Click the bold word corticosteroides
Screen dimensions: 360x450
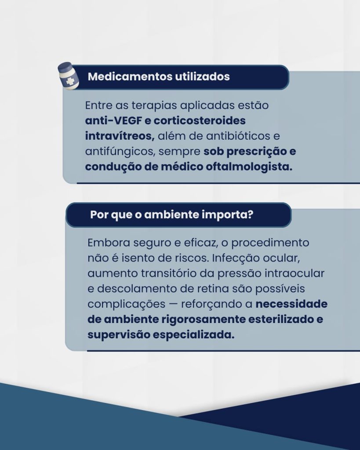coord(200,120)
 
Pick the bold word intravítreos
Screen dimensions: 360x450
coord(120,136)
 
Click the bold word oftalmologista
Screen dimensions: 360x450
coord(249,167)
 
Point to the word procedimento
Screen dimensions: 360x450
coord(270,243)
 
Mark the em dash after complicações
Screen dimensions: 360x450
coord(173,305)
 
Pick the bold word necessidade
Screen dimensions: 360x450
coord(291,304)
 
